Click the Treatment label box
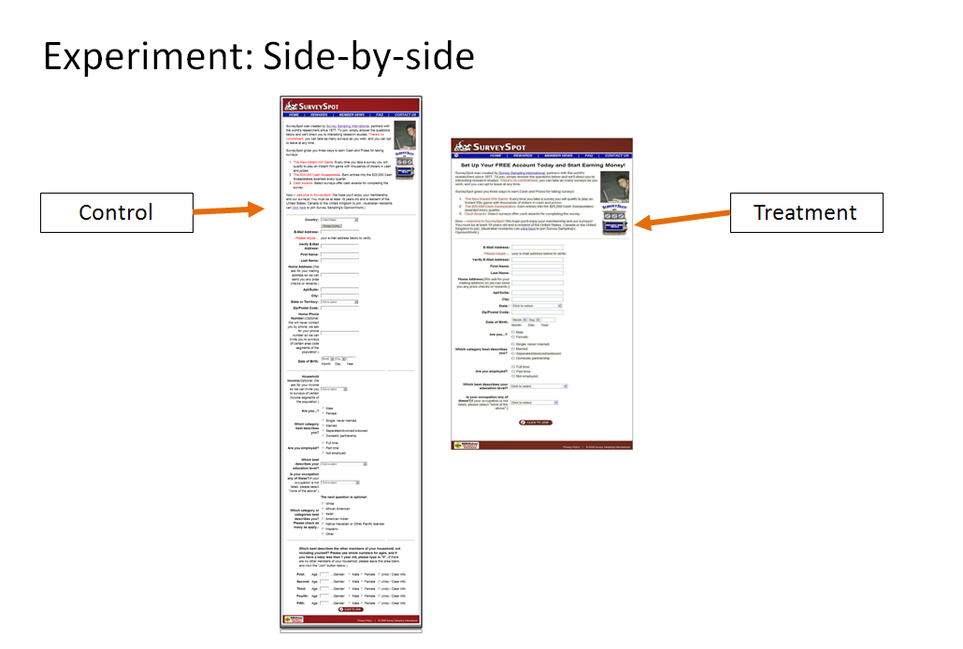pos(805,212)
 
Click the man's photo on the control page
pos(405,133)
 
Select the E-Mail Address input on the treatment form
pos(538,247)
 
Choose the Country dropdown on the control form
pos(333,220)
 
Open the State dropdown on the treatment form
pos(538,306)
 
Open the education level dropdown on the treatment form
pos(539,385)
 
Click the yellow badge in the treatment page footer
pos(459,446)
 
